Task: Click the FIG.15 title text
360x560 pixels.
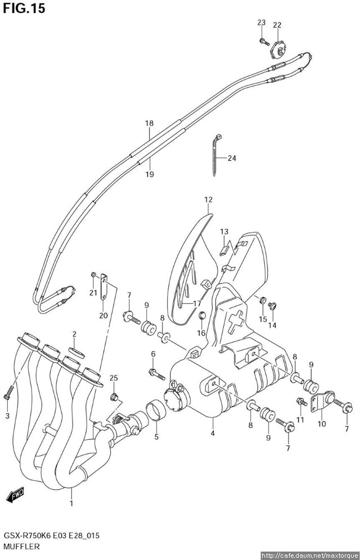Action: pos(24,8)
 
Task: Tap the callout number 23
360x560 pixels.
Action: pos(262,22)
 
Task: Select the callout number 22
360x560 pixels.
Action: pos(277,25)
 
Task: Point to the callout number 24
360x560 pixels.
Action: pos(232,158)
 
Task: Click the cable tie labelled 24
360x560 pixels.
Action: pos(215,155)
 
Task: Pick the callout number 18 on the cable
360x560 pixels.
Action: pos(149,123)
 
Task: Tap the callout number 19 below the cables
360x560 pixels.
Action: pos(149,174)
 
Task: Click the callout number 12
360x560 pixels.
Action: pos(208,200)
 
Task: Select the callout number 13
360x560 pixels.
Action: pos(224,232)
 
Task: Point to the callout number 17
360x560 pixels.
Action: pos(197,304)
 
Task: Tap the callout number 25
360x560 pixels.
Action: pos(113,378)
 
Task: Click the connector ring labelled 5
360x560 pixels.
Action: pos(156,411)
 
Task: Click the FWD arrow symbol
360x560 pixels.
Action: pos(16,495)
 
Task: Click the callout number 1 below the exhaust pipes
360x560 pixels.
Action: pos(71,504)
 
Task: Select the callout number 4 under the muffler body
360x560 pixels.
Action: pos(212,433)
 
